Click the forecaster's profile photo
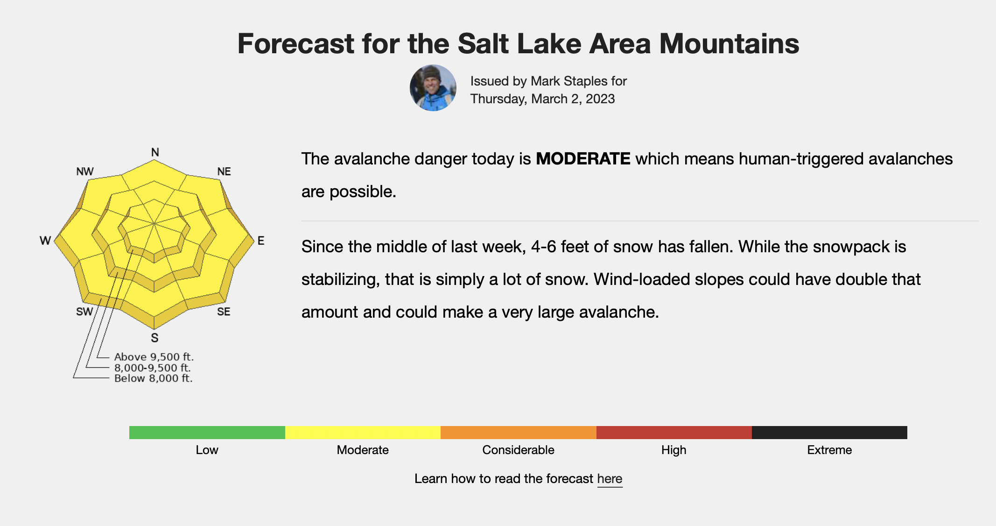[x=433, y=88]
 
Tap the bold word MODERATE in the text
[x=583, y=159]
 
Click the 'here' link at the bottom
[x=610, y=479]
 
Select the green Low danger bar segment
[x=207, y=433]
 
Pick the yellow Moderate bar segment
[x=363, y=433]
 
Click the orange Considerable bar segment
[x=519, y=433]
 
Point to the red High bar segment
[x=674, y=433]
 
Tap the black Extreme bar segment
[x=829, y=433]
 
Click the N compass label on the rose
[x=155, y=152]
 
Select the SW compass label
[x=84, y=312]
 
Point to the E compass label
[x=261, y=241]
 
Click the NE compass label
[x=224, y=171]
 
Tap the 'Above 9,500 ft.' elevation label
[x=154, y=357]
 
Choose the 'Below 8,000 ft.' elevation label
[x=154, y=378]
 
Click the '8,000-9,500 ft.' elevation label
[x=153, y=368]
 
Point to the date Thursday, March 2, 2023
[x=542, y=99]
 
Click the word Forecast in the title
[x=296, y=43]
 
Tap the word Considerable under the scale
[x=518, y=450]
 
